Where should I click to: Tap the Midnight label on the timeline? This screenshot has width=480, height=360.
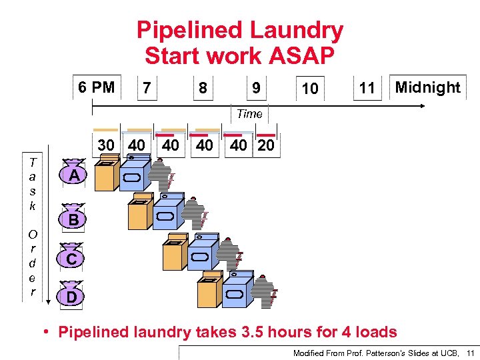point(427,87)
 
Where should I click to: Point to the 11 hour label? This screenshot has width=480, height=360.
point(367,88)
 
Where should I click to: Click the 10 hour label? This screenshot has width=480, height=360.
point(309,89)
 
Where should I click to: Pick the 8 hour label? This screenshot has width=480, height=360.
point(202,88)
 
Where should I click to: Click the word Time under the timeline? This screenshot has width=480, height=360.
point(249,114)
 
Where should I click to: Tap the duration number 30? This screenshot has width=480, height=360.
point(106,145)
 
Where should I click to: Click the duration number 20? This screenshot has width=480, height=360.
point(265,145)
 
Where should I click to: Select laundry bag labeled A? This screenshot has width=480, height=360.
point(75,175)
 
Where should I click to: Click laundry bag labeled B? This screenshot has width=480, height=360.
point(74,218)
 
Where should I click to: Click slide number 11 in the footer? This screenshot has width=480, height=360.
point(470,352)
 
